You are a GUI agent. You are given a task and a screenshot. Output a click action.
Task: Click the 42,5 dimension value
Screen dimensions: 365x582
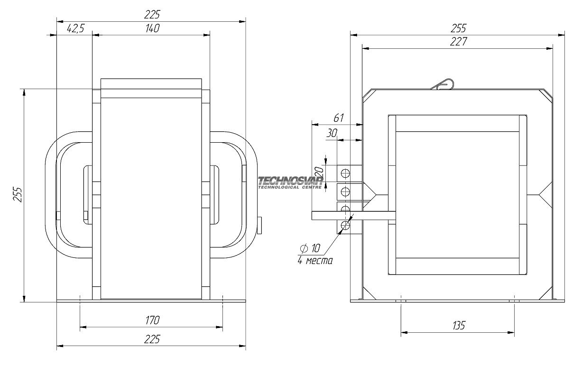[x=75, y=29]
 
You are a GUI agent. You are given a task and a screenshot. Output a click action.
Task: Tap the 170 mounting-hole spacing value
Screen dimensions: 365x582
[x=152, y=320]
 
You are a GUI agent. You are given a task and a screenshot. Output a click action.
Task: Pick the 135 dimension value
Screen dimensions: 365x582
[x=458, y=326]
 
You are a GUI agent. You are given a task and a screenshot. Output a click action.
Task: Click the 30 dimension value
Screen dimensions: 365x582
[x=332, y=134]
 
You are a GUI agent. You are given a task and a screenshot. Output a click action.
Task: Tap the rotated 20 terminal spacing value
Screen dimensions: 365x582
[x=319, y=171]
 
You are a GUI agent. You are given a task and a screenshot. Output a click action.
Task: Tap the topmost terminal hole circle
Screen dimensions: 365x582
[x=345, y=173]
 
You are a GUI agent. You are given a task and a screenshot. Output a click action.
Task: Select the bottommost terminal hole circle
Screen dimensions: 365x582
[x=345, y=226]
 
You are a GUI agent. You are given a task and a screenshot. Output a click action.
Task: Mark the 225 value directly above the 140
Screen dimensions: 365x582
[x=151, y=14]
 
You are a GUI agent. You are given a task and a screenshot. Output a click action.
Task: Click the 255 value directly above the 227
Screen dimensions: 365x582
[x=458, y=27]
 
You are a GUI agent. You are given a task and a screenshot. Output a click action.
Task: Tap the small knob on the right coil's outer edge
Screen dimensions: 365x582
[x=260, y=225]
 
